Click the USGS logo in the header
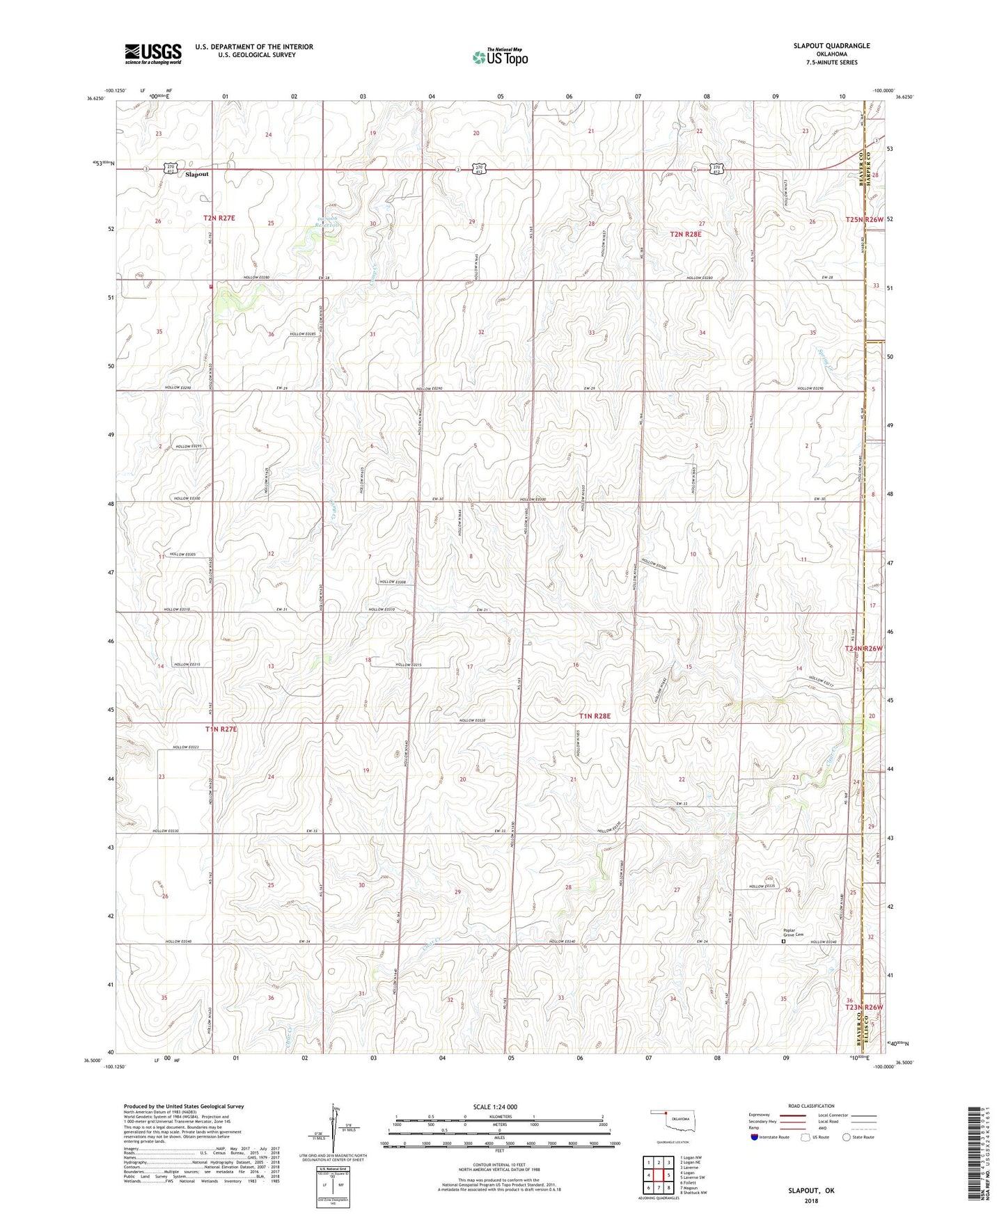tap(152, 54)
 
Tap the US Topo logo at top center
tap(500, 57)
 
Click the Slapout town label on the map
tap(196, 175)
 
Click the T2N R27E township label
tap(219, 218)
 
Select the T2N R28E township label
tap(685, 235)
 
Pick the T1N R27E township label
tap(221, 729)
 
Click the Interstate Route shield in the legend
tap(755, 1137)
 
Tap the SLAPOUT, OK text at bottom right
tap(810, 1191)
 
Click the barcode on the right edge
tap(975, 1161)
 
